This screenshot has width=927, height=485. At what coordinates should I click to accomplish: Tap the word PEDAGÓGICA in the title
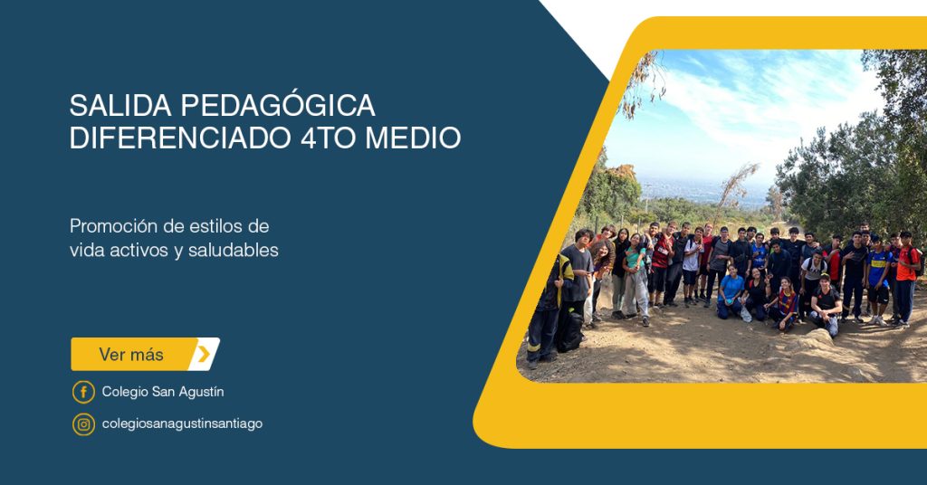point(277,105)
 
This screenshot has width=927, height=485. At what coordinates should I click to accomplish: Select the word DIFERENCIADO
point(180,137)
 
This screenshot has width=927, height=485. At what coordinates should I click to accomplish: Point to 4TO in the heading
point(328,137)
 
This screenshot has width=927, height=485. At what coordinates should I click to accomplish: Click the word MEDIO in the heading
point(413,137)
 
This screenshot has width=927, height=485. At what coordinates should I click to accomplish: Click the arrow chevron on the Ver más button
point(204,354)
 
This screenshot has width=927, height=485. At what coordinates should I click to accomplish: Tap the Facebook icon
point(83,392)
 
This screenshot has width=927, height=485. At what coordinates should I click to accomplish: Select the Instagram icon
point(83,424)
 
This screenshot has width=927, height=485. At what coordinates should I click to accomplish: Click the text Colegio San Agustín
point(163,392)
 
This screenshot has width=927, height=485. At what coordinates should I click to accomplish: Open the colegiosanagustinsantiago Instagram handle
point(182,424)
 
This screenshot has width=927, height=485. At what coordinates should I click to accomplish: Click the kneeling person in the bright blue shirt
point(731,292)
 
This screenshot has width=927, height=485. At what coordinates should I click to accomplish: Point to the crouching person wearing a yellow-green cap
point(826,305)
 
